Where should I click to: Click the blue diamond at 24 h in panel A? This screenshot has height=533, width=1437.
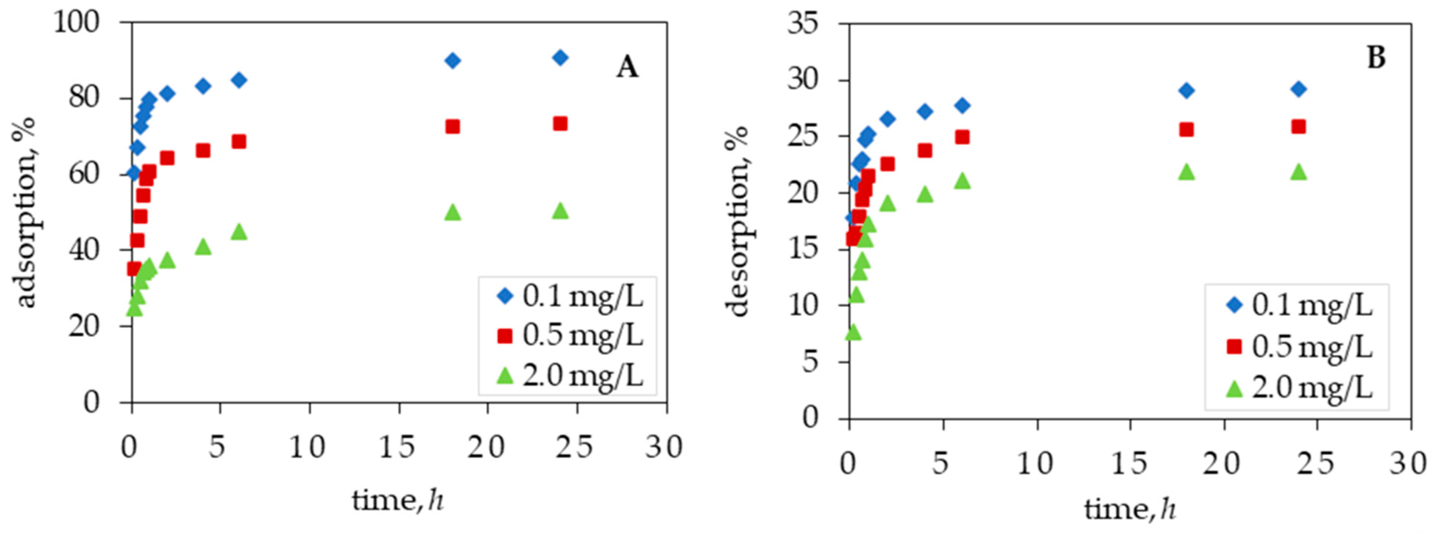pyautogui.click(x=560, y=58)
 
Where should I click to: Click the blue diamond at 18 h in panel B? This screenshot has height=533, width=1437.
pyautogui.click(x=1186, y=90)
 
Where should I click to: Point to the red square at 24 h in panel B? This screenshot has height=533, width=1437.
pyautogui.click(x=1299, y=127)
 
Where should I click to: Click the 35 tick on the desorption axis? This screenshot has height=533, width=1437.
pyautogui.click(x=803, y=25)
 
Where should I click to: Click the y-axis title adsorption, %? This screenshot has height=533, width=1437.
pyautogui.click(x=25, y=212)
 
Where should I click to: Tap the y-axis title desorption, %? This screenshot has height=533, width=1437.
pyautogui.click(x=737, y=221)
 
